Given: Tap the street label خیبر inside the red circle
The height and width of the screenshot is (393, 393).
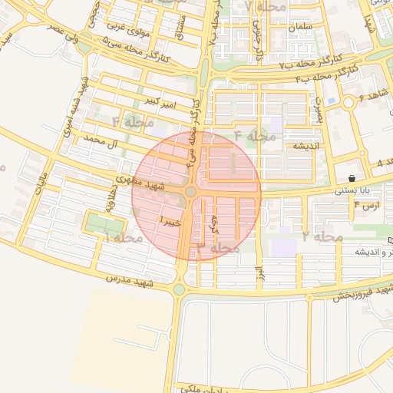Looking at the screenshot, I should click(x=170, y=222).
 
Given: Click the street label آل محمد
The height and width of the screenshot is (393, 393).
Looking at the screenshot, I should click(x=103, y=141).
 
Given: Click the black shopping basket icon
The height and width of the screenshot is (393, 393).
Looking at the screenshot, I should click(x=351, y=178).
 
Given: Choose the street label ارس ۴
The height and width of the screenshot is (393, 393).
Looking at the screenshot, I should click(x=367, y=206).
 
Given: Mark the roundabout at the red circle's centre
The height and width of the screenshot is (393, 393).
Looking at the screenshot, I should click(x=190, y=192).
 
